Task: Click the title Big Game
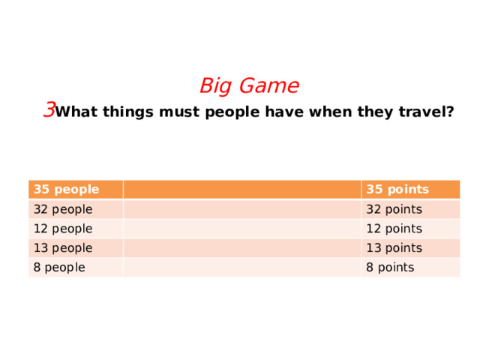click(249, 86)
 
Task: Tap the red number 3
click(49, 110)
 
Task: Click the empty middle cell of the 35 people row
click(241, 189)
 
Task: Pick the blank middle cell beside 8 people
click(241, 268)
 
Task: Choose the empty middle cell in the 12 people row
click(241, 229)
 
